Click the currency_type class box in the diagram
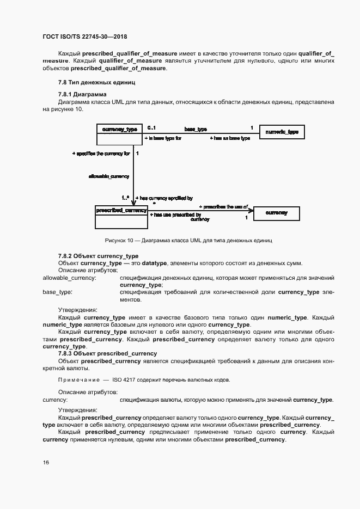[119, 134]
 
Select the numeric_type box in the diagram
[281, 132]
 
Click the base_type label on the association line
[195, 129]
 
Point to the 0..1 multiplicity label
[151, 128]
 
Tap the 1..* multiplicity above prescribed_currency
[125, 198]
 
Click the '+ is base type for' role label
[162, 139]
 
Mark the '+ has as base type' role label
[230, 139]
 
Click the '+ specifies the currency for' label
[101, 154]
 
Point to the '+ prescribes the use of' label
[223, 207]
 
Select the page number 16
[46, 462]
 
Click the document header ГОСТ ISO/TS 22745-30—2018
[84, 36]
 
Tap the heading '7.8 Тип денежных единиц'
[96, 83]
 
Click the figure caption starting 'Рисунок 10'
[188, 240]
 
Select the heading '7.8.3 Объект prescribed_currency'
[107, 353]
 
